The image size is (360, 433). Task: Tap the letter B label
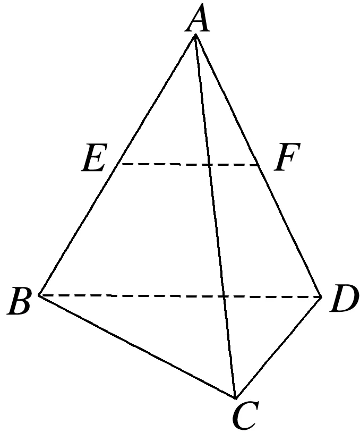point(21,303)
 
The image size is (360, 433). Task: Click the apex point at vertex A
point(196,35)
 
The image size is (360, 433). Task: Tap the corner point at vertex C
point(235,398)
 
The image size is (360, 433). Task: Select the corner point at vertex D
point(322,296)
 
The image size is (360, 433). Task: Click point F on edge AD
point(260,165)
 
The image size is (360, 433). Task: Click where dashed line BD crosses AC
point(224,296)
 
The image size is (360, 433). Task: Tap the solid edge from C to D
point(279,347)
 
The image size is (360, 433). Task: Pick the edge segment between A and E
point(157,100)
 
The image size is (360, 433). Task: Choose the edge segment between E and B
point(80,230)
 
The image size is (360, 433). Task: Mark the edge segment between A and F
point(228,100)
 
